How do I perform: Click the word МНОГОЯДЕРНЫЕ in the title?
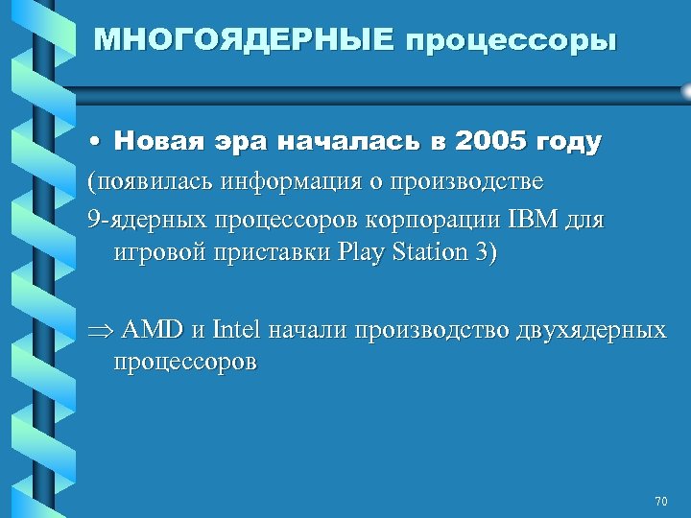click(x=245, y=40)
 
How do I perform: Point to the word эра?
click(x=237, y=143)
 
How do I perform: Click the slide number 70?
click(x=659, y=502)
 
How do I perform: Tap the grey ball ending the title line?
click(x=686, y=89)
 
